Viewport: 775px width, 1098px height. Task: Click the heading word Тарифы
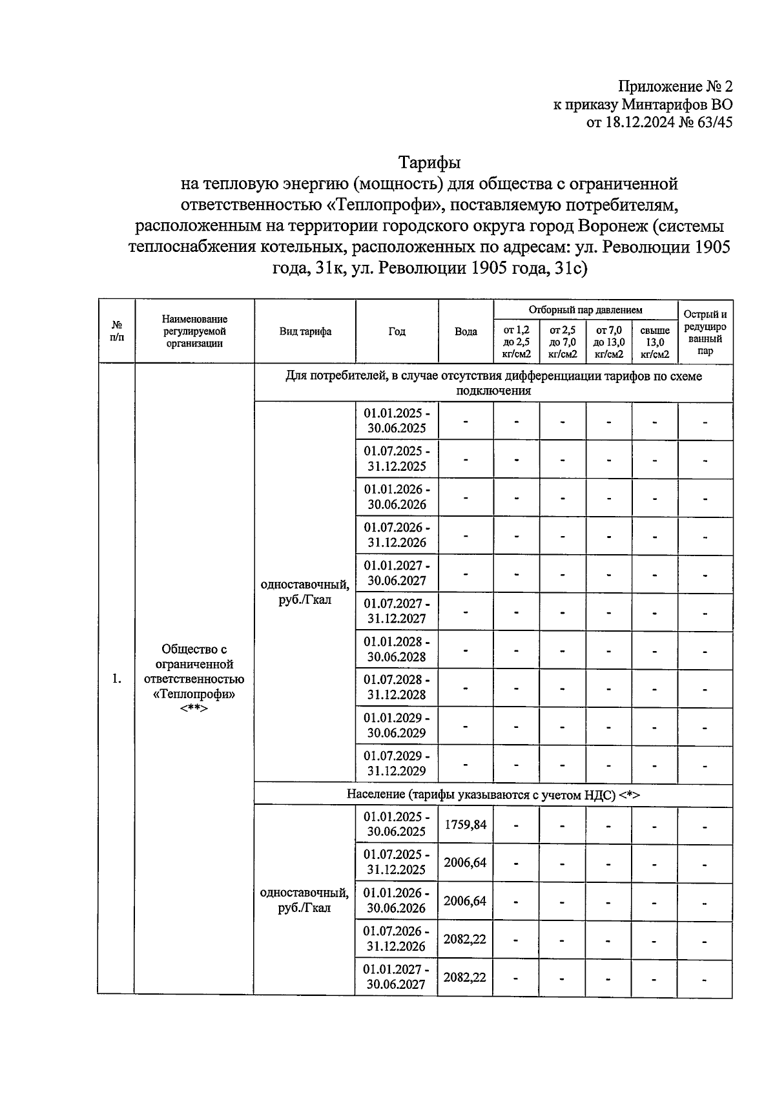coord(429,161)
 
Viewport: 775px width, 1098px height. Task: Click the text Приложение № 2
coord(675,87)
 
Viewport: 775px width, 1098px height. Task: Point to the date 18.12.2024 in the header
coord(639,123)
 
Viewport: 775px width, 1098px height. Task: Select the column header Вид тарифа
coord(305,331)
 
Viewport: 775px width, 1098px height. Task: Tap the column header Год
coord(397,331)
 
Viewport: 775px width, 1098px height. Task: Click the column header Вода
coord(466,331)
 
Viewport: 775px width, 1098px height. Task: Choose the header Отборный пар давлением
coord(585,310)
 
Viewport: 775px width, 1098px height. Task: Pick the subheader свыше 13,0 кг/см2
coord(654,342)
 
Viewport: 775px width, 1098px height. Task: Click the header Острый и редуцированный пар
coord(705,332)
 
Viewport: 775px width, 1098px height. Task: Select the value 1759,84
coord(465,825)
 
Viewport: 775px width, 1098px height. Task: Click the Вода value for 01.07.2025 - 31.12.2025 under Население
coord(465,862)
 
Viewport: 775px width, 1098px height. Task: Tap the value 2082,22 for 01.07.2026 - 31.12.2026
coord(465,939)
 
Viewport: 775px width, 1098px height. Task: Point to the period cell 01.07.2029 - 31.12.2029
coord(397,763)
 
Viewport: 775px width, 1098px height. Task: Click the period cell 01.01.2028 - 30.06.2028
coord(397,649)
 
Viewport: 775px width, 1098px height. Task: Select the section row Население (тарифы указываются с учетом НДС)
coord(493,794)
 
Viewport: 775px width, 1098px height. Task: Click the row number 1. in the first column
coord(116,678)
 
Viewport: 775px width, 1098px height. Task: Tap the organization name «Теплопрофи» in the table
coord(194,694)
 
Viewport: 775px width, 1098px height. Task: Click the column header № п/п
coord(117,331)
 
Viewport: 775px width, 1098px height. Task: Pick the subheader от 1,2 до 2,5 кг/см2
coord(516,342)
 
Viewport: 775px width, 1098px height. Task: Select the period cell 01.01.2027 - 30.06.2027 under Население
coord(397,977)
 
